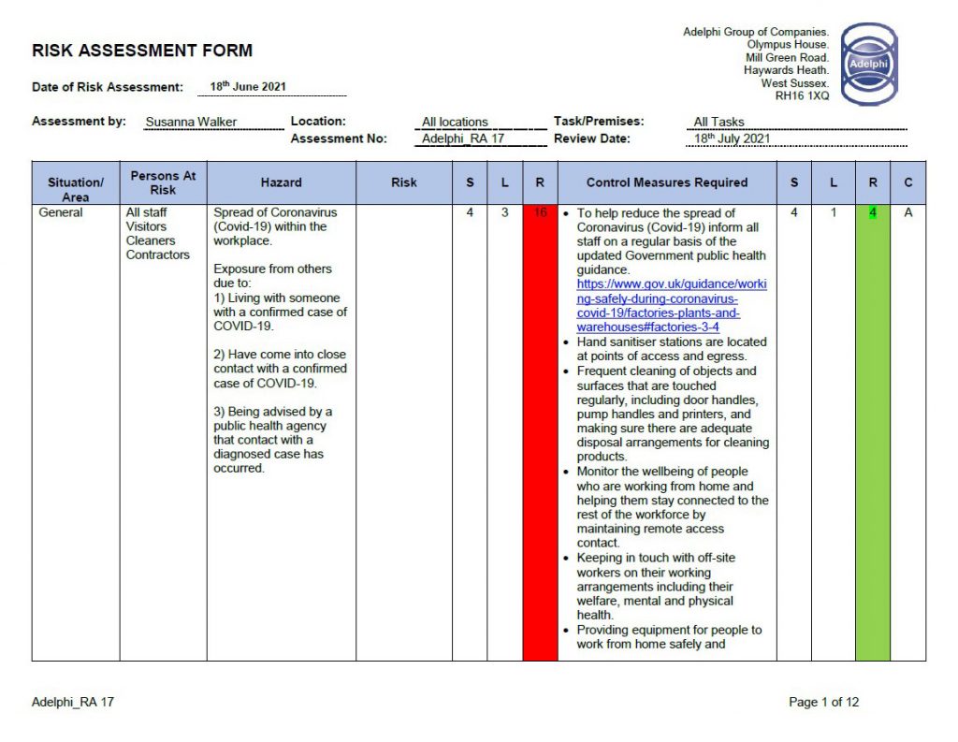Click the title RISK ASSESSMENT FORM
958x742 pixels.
tap(142, 51)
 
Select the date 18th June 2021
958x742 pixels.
tap(248, 87)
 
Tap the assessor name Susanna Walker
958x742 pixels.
tap(191, 122)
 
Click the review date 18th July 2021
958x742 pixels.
tap(732, 139)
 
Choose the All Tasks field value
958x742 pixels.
tap(718, 122)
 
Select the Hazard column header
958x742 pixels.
tap(281, 182)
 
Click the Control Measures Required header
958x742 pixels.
tap(667, 182)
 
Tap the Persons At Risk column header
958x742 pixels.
tap(163, 182)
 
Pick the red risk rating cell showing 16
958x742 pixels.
tap(540, 213)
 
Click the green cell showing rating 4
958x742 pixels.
tap(872, 213)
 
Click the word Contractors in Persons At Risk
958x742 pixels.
tap(158, 255)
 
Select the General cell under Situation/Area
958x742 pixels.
tap(61, 213)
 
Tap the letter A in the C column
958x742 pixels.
tap(907, 213)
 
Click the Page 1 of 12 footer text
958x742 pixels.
tap(823, 702)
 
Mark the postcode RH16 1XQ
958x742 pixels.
tap(802, 95)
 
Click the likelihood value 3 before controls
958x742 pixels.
tap(504, 213)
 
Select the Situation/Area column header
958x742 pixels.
tap(76, 189)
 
